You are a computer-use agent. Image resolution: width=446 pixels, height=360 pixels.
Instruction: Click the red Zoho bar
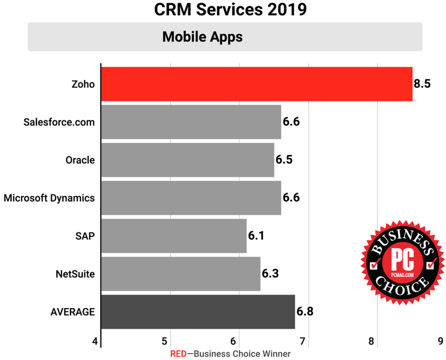[257, 84]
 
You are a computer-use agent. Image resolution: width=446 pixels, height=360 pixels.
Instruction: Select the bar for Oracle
[188, 160]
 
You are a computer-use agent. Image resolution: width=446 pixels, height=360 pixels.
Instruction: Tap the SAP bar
[174, 236]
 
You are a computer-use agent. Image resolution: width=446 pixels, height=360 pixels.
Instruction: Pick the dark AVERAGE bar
[198, 311]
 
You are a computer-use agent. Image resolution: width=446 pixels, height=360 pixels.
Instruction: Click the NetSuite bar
[180, 274]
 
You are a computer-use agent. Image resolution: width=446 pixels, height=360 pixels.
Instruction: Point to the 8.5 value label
[422, 84]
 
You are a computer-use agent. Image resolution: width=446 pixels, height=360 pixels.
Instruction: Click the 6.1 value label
[256, 236]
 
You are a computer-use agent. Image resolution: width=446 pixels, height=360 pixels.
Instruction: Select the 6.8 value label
[305, 311]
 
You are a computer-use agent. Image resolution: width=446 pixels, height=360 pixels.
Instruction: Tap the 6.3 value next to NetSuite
[270, 274]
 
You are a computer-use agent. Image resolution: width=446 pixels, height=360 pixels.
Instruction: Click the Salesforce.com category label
[60, 122]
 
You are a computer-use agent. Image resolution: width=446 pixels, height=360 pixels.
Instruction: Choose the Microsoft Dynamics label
[49, 198]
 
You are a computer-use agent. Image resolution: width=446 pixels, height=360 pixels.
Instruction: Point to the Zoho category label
[83, 84]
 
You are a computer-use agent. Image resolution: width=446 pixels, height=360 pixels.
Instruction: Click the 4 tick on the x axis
[96, 341]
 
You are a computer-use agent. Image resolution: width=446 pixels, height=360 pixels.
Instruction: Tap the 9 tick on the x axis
[440, 341]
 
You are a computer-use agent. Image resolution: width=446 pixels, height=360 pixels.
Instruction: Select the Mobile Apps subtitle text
[202, 37]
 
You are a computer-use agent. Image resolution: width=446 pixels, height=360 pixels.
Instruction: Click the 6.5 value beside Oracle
[284, 160]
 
